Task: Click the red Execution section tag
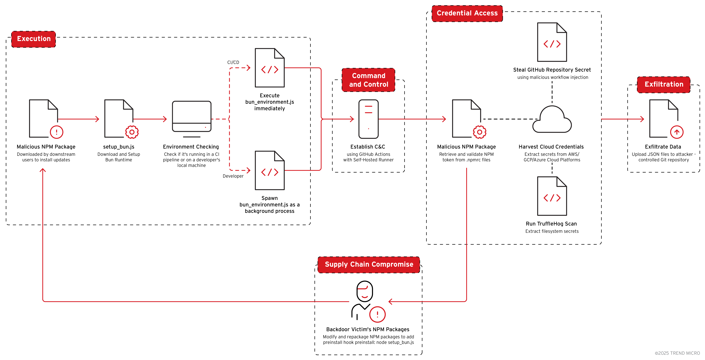[34, 39]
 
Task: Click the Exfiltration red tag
[664, 84]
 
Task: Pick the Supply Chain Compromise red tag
[369, 264]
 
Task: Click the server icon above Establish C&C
[368, 119]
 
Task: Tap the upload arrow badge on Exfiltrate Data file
[677, 132]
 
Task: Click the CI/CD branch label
[233, 62]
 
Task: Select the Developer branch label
[233, 176]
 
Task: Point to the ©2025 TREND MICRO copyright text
[677, 353]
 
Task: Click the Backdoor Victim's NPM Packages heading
[368, 329]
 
